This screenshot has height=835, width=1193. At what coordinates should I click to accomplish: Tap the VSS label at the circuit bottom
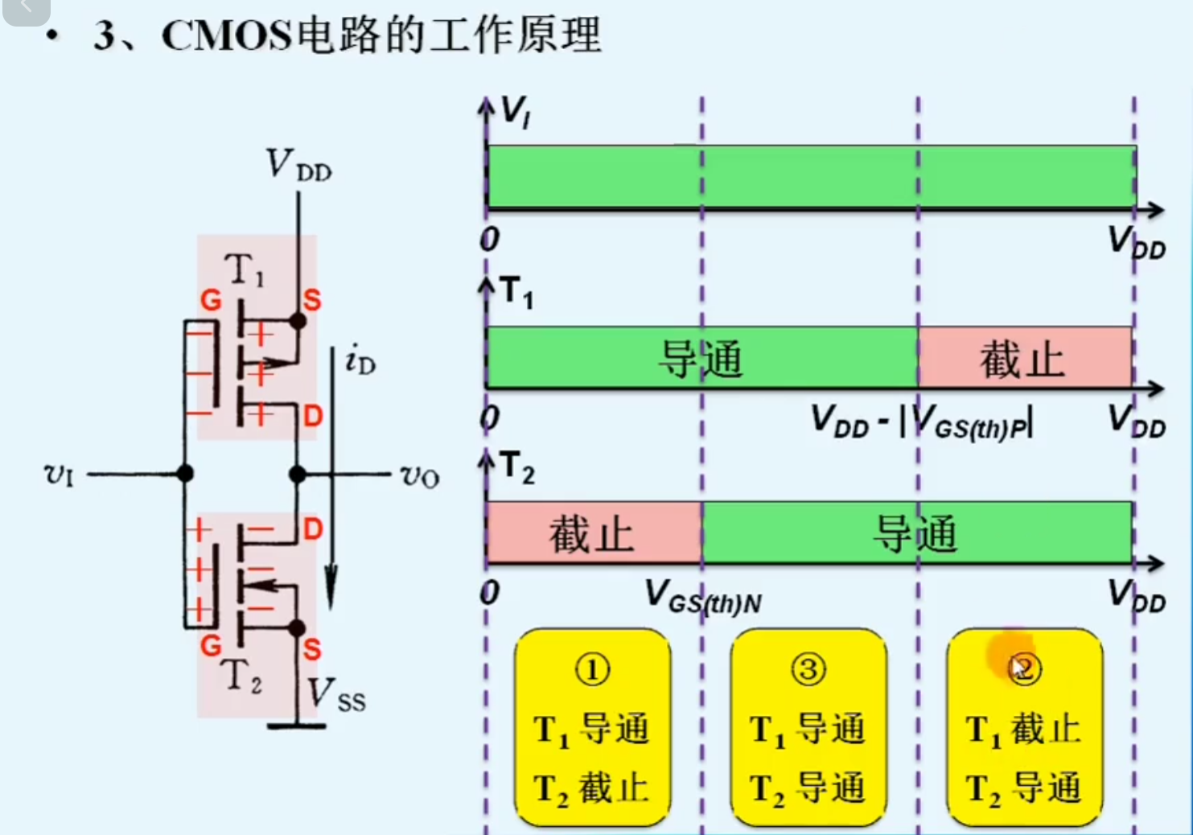tap(336, 694)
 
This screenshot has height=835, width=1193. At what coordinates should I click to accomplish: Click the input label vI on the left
tap(59, 474)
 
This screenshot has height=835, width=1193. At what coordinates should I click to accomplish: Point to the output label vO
tap(419, 476)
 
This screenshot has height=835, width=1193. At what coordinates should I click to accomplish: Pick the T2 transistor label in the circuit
tap(242, 676)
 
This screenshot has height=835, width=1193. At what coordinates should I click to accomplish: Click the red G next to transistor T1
tap(211, 301)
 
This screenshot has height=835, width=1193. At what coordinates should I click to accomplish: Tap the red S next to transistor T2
tap(312, 649)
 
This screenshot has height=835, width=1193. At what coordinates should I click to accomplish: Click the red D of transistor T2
tap(312, 529)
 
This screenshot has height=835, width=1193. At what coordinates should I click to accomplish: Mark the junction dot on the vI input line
tap(185, 474)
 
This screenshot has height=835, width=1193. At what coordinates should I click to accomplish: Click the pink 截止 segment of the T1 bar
tap(1023, 359)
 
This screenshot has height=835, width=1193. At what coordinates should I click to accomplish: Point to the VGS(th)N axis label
tap(702, 597)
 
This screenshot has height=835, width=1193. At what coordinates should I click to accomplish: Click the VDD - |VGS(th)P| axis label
tap(921, 421)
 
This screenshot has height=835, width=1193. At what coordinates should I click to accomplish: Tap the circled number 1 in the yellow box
tap(592, 669)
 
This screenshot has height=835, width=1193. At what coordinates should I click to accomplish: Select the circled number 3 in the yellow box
tap(808, 669)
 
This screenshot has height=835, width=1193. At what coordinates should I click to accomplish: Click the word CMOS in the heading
tap(226, 36)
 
